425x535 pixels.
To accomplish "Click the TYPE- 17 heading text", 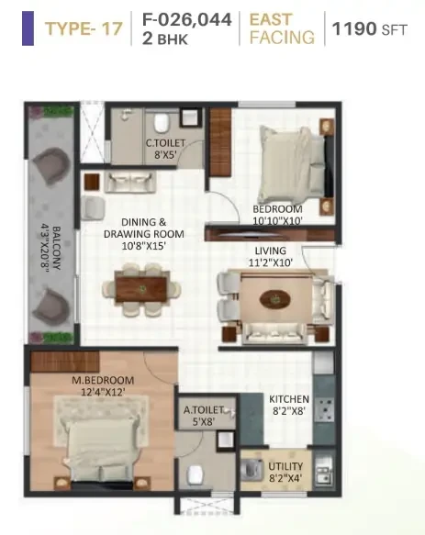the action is coord(84,28).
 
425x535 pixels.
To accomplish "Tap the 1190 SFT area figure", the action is coord(370,28).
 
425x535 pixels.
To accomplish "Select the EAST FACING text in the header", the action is coord(282,28).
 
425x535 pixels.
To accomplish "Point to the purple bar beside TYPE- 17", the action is coord(28,28).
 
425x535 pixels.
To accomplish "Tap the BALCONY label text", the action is coord(57,248).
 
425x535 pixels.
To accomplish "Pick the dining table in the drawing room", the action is coord(141,289).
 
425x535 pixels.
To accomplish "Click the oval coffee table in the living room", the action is coord(275,300).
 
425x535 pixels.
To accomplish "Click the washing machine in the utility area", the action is coord(252,470).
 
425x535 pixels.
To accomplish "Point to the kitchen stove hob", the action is coord(324,409).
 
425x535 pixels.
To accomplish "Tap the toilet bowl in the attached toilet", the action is coord(196,474).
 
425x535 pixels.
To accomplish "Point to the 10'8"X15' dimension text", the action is coord(144,246).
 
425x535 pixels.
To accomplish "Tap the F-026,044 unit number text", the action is coord(187,19).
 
